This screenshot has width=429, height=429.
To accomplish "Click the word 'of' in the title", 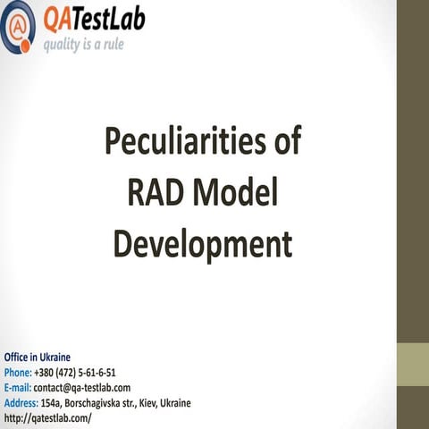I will coord(286,141).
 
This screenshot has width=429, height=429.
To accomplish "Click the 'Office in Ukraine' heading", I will coord(38,357).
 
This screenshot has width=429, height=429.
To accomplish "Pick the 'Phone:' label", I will coord(18,372).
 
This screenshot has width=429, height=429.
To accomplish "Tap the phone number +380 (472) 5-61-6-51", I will coord(75,372).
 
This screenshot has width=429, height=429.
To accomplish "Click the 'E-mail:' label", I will coord(18,387).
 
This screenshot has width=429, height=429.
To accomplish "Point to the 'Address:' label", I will coord(21,402).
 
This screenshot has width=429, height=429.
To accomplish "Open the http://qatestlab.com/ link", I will coord(47,417).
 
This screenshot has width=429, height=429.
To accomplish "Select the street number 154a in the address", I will coord(53,402).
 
